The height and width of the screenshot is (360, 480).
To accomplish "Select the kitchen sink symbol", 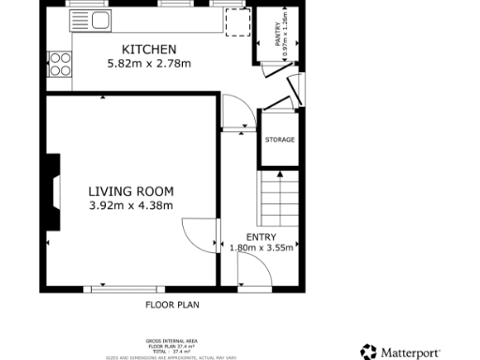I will pyautogui.click(x=91, y=19).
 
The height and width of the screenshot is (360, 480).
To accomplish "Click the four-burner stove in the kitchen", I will pyautogui.click(x=60, y=64).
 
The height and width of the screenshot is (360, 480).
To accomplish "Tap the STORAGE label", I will pyautogui.click(x=279, y=140).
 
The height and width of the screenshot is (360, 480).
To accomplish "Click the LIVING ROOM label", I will pyautogui.click(x=130, y=190).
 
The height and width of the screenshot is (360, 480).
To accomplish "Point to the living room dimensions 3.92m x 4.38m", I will pyautogui.click(x=130, y=205).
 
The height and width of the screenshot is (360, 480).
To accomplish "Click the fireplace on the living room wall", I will pyautogui.click(x=54, y=192).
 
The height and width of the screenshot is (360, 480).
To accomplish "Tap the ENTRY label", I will pyautogui.click(x=261, y=236).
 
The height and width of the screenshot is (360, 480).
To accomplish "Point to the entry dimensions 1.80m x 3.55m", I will pyautogui.click(x=261, y=248).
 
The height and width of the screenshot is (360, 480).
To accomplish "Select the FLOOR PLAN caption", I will pyautogui.click(x=172, y=305).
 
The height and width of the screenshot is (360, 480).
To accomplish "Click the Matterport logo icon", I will pyautogui.click(x=368, y=352).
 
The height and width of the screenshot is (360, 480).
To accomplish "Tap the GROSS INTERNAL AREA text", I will pyautogui.click(x=172, y=340).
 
